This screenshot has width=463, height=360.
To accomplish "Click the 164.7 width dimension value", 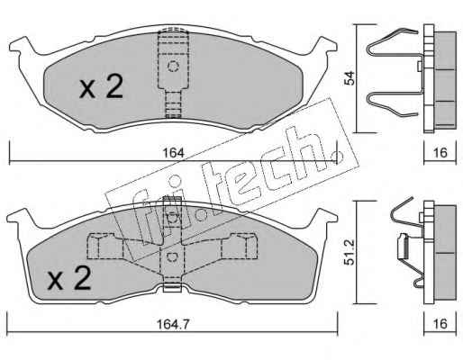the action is click(x=173, y=324).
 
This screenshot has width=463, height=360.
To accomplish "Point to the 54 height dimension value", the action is click(x=350, y=78).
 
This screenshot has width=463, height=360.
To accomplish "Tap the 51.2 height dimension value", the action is click(x=350, y=252).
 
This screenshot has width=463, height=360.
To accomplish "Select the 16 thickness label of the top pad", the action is click(x=440, y=153).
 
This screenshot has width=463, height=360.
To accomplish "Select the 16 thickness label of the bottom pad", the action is click(x=440, y=324).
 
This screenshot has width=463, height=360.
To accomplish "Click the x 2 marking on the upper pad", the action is click(x=101, y=86).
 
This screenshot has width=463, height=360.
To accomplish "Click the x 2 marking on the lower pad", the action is click(x=69, y=278).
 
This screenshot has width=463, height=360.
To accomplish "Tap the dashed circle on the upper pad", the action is click(x=173, y=67).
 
